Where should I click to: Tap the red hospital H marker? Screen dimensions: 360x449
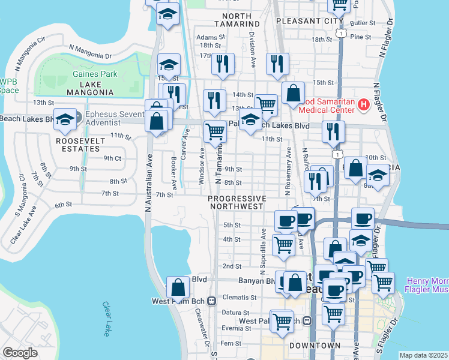363,106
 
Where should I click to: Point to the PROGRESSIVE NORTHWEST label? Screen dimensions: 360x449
237,202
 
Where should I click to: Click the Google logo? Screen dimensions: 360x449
20,352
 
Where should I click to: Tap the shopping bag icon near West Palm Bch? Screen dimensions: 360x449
178,287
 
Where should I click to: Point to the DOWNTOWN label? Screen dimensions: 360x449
315,346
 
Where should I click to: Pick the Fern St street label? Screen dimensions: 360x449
230,343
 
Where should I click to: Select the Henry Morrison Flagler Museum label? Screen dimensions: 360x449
427,286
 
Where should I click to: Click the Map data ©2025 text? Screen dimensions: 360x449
424,355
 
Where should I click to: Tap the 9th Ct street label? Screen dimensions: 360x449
112,158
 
